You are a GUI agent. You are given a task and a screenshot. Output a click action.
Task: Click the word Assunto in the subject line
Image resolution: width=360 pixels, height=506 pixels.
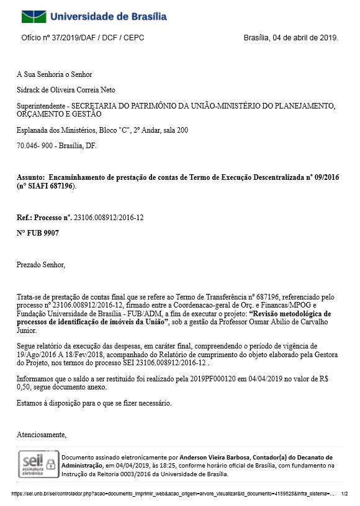click(x=30, y=177)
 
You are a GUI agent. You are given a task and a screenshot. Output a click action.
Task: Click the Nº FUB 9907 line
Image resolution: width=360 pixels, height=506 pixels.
click(x=38, y=233)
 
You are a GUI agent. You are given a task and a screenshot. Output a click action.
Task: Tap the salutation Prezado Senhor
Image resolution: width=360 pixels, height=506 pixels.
click(x=40, y=265)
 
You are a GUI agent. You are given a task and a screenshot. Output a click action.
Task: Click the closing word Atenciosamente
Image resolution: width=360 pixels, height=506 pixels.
click(x=41, y=434)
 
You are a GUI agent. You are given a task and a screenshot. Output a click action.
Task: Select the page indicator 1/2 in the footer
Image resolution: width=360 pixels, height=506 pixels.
click(x=344, y=494)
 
